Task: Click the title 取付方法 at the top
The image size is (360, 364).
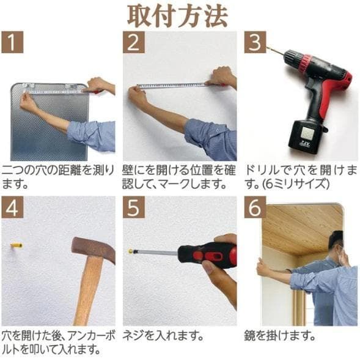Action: [178, 15]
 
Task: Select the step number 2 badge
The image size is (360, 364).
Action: [133, 42]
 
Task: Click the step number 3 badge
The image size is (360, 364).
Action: [255, 42]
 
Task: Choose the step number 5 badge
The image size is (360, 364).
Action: [133, 207]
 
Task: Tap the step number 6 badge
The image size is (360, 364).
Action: [255, 207]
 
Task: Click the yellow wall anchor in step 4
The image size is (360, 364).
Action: [17, 245]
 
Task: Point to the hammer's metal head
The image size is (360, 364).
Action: [92, 248]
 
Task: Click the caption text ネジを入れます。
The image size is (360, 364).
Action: [160, 335]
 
